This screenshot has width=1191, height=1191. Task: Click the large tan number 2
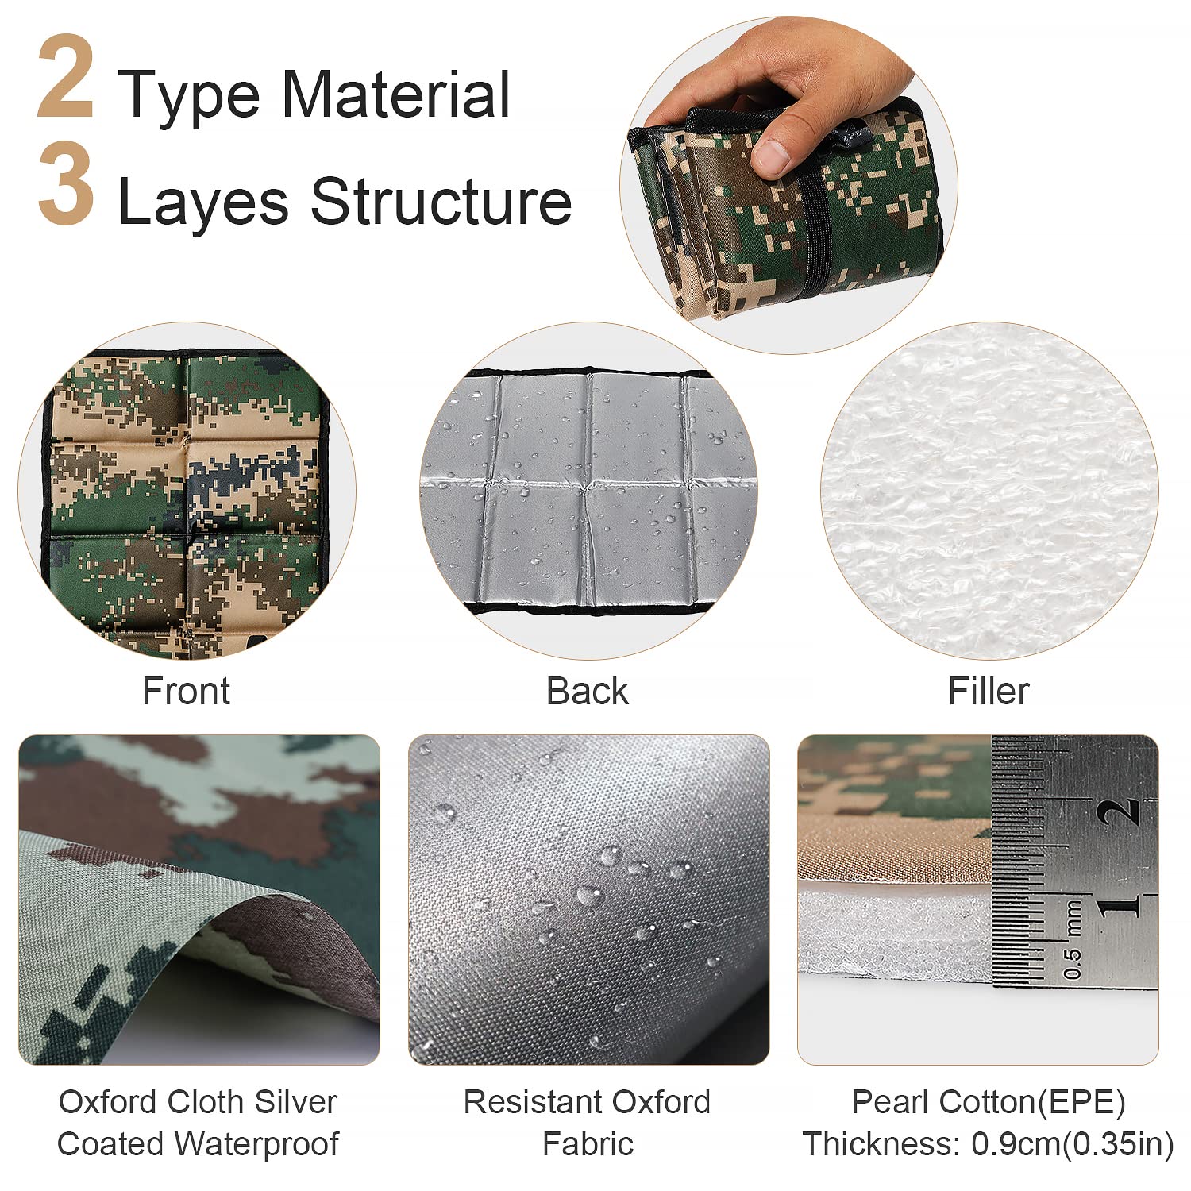pos(66,77)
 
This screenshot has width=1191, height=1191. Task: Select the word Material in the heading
pos(395,94)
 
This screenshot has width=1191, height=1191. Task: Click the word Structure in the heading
pos(441,201)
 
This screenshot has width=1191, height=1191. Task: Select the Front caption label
pos(186,691)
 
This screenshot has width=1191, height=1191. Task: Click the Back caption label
pos(587,691)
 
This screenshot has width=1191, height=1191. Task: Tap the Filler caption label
pos(989,691)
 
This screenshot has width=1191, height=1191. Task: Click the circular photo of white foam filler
pos(989,491)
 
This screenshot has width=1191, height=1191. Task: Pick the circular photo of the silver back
pos(588,491)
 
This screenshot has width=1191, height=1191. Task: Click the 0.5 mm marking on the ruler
pos(1072,942)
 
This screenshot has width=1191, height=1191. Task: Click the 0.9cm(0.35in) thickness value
pos(1073,1144)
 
